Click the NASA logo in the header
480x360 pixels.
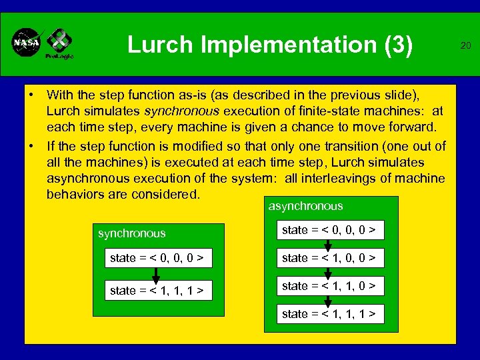[26, 43]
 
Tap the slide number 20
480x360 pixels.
[465, 45]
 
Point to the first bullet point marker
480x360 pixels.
[31, 95]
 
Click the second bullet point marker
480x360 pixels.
[31, 147]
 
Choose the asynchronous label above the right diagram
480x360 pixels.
[305, 207]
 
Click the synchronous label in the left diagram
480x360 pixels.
[132, 234]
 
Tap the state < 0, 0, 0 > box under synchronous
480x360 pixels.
[157, 258]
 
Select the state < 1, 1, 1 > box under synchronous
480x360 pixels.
[157, 291]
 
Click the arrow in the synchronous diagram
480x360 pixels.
[155, 274]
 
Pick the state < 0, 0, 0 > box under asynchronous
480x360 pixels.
[329, 231]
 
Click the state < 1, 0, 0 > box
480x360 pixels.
[329, 258]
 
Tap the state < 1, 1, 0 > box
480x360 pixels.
[329, 286]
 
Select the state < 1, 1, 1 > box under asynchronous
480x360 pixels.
[329, 313]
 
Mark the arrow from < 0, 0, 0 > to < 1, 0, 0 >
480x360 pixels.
[328, 245]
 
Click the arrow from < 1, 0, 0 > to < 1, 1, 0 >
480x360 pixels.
[328, 272]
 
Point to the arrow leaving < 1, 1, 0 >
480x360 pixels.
[328, 300]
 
